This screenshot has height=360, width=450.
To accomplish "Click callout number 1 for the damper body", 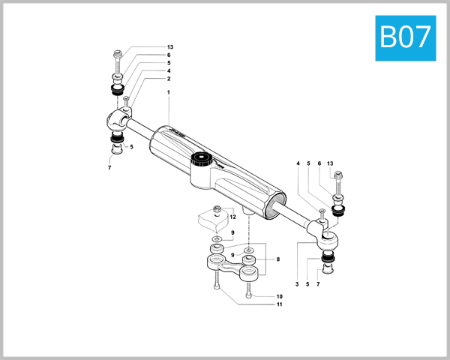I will pos(169,92).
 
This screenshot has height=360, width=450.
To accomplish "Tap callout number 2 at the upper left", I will pos(169,79).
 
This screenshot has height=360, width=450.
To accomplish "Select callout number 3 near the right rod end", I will pos(298,284).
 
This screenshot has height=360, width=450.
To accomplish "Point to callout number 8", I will pos(277,259).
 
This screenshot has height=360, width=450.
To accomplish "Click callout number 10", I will pos(279,296).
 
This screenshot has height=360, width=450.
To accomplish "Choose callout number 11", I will pos(279,305).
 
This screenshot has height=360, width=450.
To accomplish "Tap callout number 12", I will pos(233,216).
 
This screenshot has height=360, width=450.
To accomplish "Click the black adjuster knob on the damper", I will pos(200,159).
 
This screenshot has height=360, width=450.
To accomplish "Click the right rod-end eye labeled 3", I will pos(328,239).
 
